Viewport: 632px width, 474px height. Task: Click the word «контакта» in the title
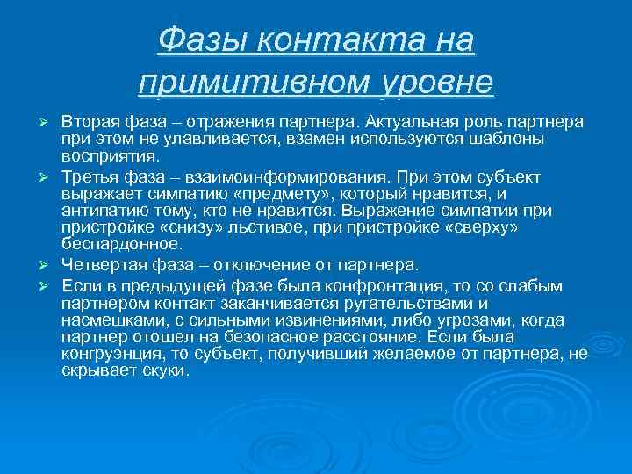341,39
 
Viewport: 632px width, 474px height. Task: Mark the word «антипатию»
97,212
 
